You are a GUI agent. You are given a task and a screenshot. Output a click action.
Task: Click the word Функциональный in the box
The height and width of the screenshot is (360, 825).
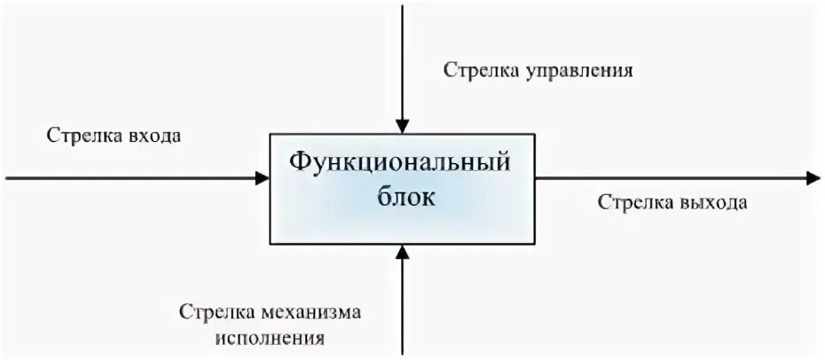[x=402, y=165]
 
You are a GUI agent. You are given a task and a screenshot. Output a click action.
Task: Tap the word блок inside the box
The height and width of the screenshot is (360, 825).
[x=402, y=197]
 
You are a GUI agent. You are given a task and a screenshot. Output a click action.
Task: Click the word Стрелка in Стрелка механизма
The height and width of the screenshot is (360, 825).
[x=216, y=313]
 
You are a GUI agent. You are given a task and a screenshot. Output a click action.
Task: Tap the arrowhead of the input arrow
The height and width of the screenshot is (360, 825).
[x=263, y=178]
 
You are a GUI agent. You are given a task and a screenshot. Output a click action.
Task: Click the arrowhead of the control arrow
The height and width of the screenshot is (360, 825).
[x=403, y=127]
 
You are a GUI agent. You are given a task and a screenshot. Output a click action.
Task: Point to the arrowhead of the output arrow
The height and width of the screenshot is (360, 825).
[x=813, y=178]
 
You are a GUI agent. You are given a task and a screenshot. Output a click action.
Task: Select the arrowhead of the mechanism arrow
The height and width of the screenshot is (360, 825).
[x=403, y=251]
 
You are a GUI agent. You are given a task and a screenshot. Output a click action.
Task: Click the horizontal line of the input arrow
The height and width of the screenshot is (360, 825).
[x=133, y=178]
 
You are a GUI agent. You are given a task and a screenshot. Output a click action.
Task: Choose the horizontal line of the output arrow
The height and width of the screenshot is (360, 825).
[x=674, y=178]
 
